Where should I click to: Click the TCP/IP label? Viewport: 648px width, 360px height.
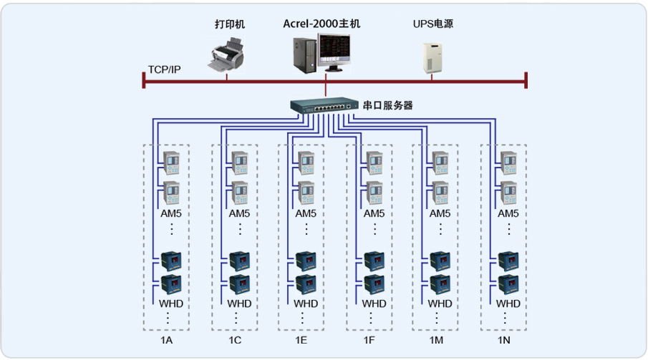point(164,69)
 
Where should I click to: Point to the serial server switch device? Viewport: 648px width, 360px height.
point(324,105)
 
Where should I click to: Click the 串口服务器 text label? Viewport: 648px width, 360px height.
point(388,106)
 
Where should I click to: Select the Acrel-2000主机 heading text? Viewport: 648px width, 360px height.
point(321,24)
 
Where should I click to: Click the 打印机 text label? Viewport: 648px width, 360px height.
point(230,24)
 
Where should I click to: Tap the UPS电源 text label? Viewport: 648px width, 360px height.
point(432,24)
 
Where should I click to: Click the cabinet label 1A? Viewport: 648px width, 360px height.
point(166,340)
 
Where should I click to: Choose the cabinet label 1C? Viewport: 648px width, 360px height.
point(235,340)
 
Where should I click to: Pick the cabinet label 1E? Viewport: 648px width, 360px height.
point(301,340)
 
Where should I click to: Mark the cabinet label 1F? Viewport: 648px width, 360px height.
point(369,340)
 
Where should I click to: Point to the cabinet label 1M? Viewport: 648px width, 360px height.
point(435,340)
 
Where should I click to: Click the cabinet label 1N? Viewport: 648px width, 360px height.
point(503,340)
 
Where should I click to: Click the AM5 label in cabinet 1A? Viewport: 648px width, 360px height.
point(172,213)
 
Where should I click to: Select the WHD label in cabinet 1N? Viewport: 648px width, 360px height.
point(509,303)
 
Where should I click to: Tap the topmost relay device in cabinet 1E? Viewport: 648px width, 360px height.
point(306,162)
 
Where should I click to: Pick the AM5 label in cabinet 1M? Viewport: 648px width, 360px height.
point(440,213)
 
